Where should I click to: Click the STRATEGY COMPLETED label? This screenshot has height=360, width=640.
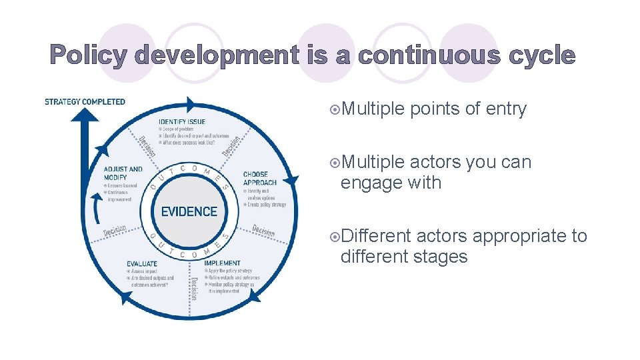coord(85,102)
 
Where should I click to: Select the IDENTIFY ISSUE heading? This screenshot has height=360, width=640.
coord(182,121)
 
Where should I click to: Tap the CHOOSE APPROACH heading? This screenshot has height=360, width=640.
coord(260,179)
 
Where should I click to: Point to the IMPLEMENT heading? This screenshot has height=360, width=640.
coord(222,263)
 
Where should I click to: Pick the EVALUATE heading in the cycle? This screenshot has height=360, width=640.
coord(142,263)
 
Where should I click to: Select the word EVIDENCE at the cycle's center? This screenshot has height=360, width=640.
coord(189,211)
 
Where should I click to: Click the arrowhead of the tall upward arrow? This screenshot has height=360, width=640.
coord(85,115)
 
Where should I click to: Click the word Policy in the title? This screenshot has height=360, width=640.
coord(87,56)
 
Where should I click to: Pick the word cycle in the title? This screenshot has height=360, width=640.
coord(541,56)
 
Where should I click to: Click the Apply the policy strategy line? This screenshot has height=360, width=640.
coord(231,271)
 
